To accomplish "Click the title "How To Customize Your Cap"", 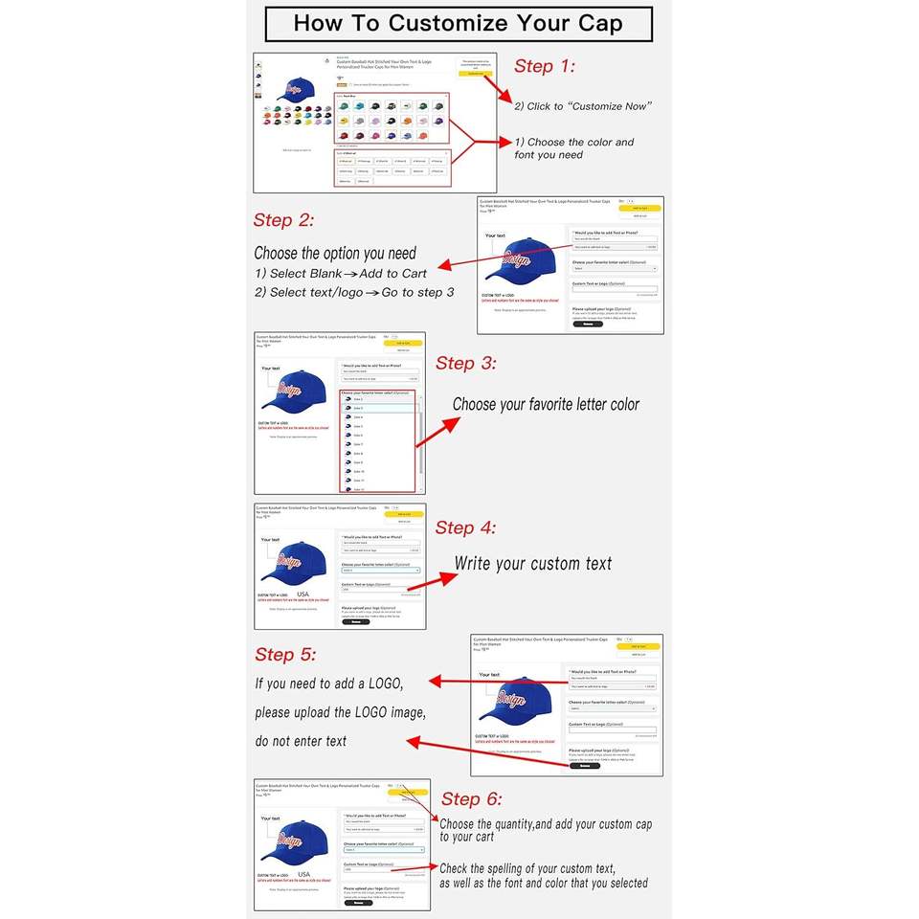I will (458, 23).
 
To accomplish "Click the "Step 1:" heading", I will (545, 66).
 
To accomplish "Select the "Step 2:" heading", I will (284, 220).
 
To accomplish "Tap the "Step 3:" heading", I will (466, 364).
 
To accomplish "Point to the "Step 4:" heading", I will (466, 527).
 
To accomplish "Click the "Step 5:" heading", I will (285, 655).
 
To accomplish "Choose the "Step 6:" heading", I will (472, 799).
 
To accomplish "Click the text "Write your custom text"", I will (532, 564).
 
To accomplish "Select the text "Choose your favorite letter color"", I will (546, 404).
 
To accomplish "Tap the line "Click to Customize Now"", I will (583, 106).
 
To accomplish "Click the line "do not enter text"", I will (301, 741).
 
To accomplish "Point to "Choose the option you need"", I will (335, 254).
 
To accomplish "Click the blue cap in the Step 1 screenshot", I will (296, 89).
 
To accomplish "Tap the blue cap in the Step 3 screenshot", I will (298, 389).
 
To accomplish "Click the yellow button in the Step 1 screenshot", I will (475, 73).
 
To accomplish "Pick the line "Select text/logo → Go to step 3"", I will (354, 292).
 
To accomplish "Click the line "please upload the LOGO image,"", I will (340, 712).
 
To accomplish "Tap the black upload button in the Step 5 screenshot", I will (584, 766).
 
